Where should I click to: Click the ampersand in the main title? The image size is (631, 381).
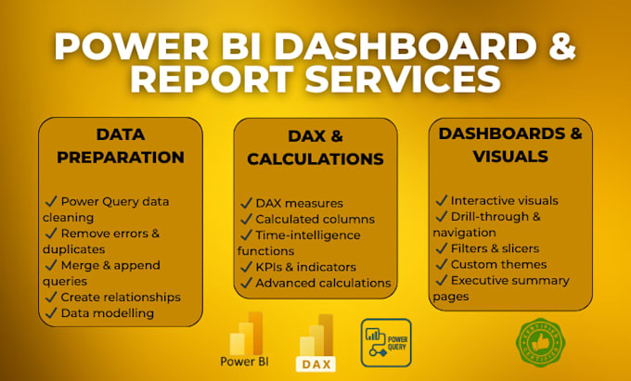pos(561,46)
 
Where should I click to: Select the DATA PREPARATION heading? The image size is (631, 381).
pos(121,146)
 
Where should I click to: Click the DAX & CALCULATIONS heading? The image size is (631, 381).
pos(315,147)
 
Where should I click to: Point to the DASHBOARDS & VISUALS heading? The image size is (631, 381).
pos(510,145)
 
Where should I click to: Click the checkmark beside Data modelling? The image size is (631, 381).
pos(51,312)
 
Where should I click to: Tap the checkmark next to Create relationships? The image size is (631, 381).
pos(51,297)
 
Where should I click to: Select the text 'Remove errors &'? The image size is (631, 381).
pos(110,233)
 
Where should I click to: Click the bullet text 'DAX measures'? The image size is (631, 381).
pos(300,203)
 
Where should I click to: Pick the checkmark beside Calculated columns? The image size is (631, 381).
pos(246,219)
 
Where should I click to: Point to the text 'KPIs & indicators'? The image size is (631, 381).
pos(306,267)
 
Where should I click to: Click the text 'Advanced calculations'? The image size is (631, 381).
pos(323,283)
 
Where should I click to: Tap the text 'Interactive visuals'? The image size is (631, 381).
pos(504,200)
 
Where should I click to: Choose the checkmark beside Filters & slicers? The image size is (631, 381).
pos(441,248)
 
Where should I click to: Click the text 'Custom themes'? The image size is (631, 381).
pos(498,264)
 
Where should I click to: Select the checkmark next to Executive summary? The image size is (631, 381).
pos(441,280)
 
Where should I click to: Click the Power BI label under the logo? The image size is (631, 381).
pos(244,362)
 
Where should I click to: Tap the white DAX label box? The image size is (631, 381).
pos(315,364)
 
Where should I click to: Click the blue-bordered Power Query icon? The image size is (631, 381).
pos(386,343)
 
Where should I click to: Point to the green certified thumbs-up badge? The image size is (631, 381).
pos(540,342)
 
